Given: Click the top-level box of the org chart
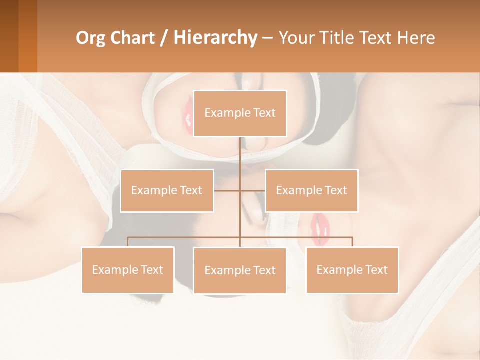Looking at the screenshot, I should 240,113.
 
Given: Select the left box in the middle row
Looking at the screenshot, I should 167,190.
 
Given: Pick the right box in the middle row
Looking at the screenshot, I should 311,190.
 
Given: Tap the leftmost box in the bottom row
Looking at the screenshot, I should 128,270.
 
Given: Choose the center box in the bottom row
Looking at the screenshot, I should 240,270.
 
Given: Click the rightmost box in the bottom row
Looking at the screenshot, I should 352,270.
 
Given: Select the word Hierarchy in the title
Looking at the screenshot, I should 215,38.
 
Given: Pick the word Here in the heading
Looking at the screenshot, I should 416,38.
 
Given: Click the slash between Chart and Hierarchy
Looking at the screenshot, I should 164,38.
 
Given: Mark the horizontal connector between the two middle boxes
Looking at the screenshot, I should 239,190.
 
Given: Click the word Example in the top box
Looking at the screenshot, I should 227,113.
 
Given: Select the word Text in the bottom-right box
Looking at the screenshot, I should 376,270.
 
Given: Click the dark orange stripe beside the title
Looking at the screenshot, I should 27,36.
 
